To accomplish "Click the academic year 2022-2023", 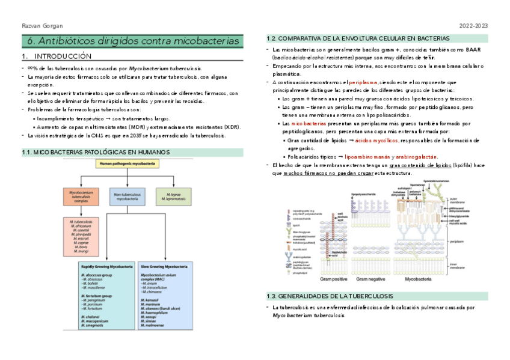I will click(x=473, y=26).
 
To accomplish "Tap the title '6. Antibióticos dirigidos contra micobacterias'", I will click(x=133, y=41).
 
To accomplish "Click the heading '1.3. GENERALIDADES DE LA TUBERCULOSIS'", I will click(x=330, y=296).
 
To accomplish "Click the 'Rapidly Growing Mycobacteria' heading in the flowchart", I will click(x=107, y=266).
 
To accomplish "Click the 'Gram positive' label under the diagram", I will click(x=334, y=279).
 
